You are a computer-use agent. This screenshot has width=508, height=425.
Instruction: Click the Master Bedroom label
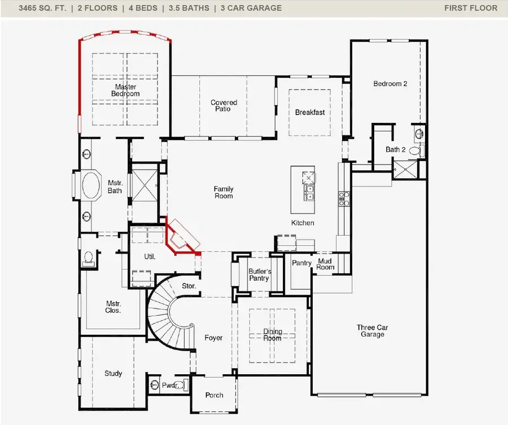125,90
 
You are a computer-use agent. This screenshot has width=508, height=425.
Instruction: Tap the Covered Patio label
224,106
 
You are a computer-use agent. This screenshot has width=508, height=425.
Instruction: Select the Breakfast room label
310,112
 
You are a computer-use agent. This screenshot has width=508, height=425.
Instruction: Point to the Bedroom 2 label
390,84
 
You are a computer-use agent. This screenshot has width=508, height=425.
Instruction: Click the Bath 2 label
395,150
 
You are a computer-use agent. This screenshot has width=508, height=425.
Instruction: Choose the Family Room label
224,193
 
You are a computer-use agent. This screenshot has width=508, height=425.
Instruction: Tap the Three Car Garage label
373,331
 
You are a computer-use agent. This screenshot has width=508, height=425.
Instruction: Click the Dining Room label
272,335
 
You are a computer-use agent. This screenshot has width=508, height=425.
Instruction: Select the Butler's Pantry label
260,275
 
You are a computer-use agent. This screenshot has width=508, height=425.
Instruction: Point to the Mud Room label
325,264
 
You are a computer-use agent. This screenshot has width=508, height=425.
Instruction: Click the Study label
113,374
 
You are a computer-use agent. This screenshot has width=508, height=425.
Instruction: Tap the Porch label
214,395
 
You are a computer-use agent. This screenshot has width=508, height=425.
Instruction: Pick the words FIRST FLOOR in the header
471,8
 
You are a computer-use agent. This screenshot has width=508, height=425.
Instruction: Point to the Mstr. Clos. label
113,307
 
